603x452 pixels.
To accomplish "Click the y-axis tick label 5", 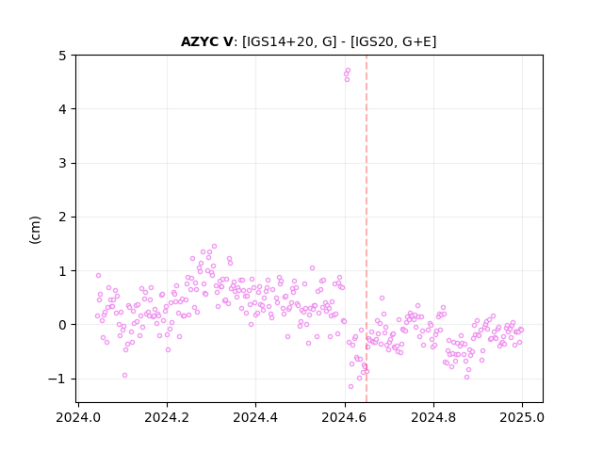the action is pos(62,56).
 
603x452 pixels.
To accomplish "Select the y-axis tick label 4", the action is pos(62,109).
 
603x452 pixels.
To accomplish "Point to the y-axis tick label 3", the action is pos(62,163).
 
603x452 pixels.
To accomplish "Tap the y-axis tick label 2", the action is pos(62,218).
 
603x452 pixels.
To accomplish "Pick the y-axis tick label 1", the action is pos(62,271).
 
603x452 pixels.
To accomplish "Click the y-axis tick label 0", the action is pos(62,325).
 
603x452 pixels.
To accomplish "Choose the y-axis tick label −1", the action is pos(57,379).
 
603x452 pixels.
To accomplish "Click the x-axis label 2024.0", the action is pos(78,417).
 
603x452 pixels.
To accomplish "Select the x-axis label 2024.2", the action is pos(167,417).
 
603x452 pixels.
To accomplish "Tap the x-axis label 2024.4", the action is pos(255,417).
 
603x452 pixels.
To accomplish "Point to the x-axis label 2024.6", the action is pos(345,417).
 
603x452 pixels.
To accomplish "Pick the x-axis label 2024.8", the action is pos(433,417).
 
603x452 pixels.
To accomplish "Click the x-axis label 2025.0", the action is pos(522,417).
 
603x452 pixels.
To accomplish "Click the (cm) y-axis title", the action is pos(35,230).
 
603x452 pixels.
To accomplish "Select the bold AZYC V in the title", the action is pos(206,41).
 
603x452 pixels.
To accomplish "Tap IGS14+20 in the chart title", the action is pos(283,41).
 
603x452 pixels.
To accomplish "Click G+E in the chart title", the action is pos(417,41).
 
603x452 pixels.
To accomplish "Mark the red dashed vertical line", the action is pos(367,229).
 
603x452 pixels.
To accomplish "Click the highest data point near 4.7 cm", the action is pos(348,71).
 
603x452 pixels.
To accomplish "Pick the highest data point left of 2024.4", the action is pos(214,247).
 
